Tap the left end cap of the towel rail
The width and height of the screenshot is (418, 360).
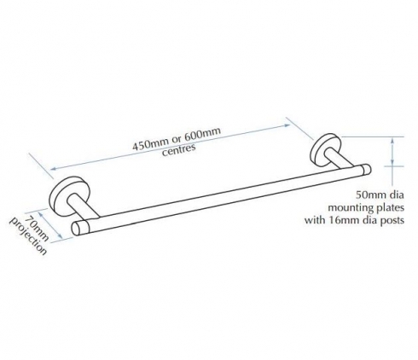point(76,229)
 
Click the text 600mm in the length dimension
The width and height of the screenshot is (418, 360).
point(203,133)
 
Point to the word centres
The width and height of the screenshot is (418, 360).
point(179,149)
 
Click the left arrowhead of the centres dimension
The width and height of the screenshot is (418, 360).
point(54,169)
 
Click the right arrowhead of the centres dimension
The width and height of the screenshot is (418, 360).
point(287,125)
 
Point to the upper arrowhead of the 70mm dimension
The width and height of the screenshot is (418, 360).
point(41,212)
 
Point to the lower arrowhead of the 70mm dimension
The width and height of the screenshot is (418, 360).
point(60,236)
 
